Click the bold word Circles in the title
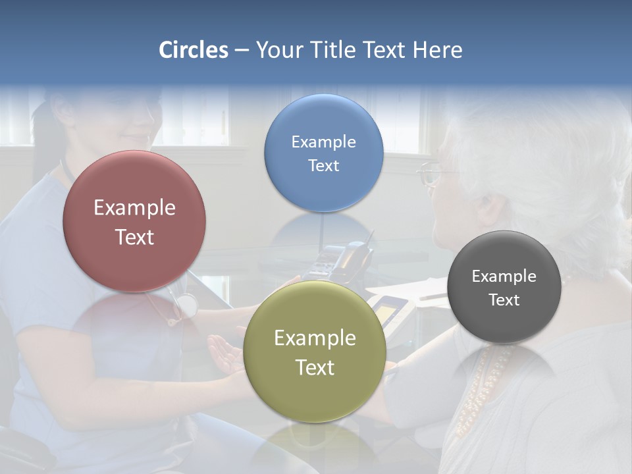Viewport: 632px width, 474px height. pyautogui.click(x=194, y=50)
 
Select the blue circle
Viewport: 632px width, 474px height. pyautogui.click(x=324, y=153)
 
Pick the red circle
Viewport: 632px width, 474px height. pyautogui.click(x=134, y=221)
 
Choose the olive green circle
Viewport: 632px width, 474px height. pyautogui.click(x=315, y=352)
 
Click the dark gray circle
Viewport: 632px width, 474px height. pyautogui.click(x=504, y=287)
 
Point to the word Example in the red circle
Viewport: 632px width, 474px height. pyautogui.click(x=134, y=208)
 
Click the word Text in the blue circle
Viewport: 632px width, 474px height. pyautogui.click(x=324, y=166)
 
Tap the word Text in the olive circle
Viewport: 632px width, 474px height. pyautogui.click(x=315, y=367)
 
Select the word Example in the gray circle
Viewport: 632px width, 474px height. pyautogui.click(x=504, y=276)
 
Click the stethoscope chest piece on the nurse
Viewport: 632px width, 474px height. pyautogui.click(x=186, y=305)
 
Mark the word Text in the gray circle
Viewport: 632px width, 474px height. pyautogui.click(x=504, y=300)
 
